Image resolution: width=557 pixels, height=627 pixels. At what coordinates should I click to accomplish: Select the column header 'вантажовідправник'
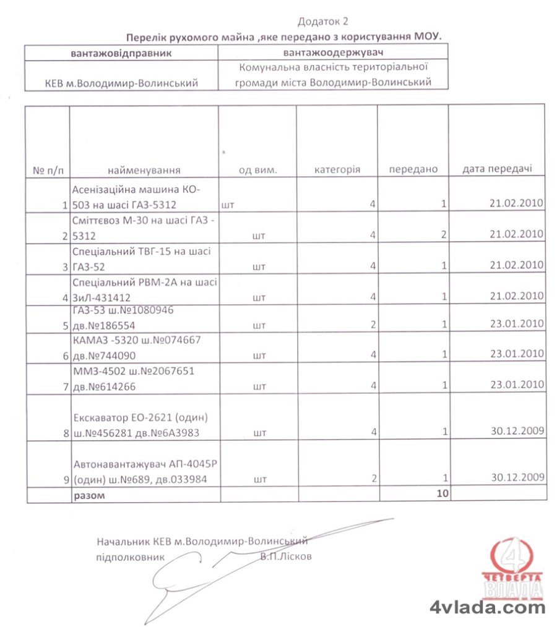[x=121, y=52]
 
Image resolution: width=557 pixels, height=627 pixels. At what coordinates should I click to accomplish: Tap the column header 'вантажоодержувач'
[x=333, y=52]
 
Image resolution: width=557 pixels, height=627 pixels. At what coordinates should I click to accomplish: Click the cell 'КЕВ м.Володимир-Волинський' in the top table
[x=122, y=83]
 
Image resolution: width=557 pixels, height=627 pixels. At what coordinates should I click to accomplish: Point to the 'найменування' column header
[x=144, y=169]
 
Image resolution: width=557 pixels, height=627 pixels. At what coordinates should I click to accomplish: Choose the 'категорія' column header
[x=337, y=169]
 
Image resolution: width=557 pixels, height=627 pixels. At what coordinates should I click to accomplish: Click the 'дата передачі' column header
[x=497, y=168]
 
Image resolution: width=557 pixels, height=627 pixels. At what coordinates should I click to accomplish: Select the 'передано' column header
[x=413, y=169]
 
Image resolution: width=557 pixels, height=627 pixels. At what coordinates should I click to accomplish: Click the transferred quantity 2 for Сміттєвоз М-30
[x=444, y=234]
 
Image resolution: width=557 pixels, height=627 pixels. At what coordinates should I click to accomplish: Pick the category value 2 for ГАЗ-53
[x=374, y=325]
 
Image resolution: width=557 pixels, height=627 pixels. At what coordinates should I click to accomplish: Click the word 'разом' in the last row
[x=90, y=495]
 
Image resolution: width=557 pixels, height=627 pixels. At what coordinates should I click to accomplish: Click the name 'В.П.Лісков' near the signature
[x=287, y=556]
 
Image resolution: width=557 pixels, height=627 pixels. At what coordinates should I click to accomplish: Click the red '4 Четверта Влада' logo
[x=512, y=569]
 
